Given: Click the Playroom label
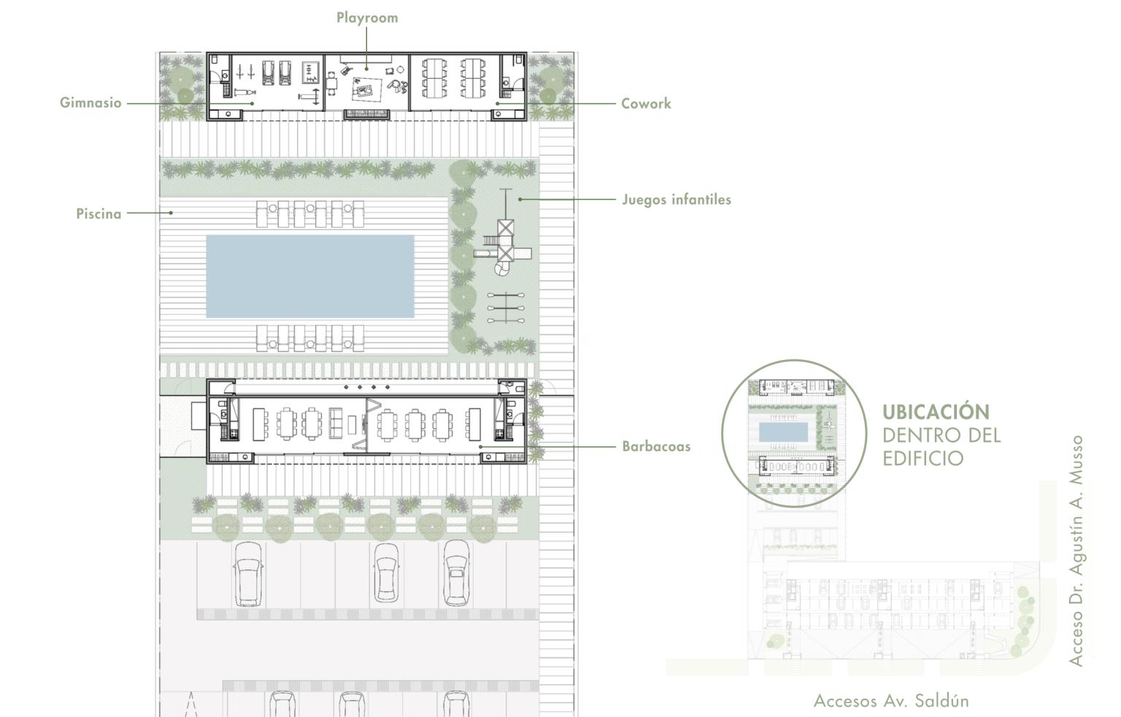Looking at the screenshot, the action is pyautogui.click(x=367, y=18).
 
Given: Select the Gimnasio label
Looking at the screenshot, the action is pyautogui.click(x=90, y=103).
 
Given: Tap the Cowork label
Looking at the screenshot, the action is pyautogui.click(x=646, y=104).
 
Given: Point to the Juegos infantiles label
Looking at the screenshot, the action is pyautogui.click(x=677, y=199).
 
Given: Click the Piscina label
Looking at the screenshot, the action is pyautogui.click(x=99, y=214).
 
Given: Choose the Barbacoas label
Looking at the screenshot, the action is pyautogui.click(x=656, y=446).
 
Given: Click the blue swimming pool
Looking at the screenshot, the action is pyautogui.click(x=310, y=277).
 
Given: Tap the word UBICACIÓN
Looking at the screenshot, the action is pyautogui.click(x=936, y=412).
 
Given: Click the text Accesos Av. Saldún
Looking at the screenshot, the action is pyautogui.click(x=891, y=700).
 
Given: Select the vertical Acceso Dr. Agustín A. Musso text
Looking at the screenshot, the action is pyautogui.click(x=1076, y=551).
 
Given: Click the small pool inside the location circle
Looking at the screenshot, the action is pyautogui.click(x=783, y=432).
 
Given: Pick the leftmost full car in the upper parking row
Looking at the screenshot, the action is pyautogui.click(x=248, y=575).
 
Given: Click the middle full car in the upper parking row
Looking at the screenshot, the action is pyautogui.click(x=386, y=573).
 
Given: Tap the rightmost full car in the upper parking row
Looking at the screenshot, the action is pyautogui.click(x=456, y=572).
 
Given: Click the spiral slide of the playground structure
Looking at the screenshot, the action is pyautogui.click(x=501, y=269).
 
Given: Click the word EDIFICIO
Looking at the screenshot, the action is pyautogui.click(x=922, y=458).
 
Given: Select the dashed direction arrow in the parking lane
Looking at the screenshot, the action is pyautogui.click(x=190, y=704).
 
